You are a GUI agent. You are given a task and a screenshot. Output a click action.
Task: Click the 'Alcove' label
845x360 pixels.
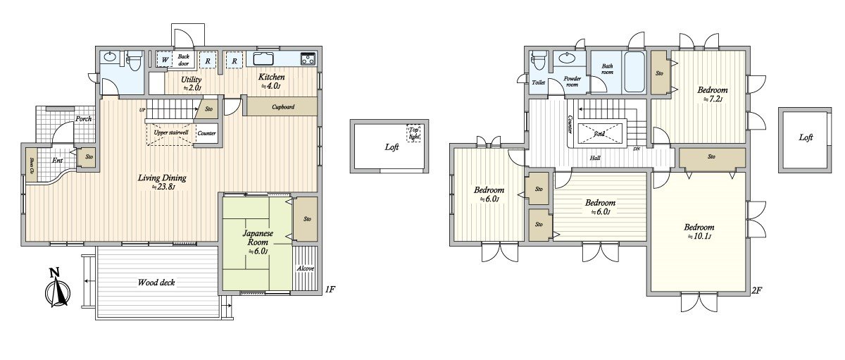[305, 268]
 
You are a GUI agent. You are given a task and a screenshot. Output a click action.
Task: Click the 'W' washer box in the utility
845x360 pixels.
[164, 60]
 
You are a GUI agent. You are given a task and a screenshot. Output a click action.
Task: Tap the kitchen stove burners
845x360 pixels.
[308, 59]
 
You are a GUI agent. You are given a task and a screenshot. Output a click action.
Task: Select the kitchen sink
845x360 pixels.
[265, 59]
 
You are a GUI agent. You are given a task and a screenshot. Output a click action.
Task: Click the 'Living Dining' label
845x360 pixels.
[162, 182]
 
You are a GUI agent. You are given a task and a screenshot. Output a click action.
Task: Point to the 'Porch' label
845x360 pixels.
[84, 119]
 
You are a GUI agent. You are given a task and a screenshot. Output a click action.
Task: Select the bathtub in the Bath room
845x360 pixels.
[634, 72]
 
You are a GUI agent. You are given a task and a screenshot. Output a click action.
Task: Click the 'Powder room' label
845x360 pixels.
[571, 82]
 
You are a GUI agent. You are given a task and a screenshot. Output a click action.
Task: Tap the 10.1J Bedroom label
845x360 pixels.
[699, 231]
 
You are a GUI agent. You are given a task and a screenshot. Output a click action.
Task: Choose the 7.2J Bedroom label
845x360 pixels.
[712, 94]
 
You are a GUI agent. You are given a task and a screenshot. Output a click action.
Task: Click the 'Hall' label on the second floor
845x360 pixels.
[595, 159]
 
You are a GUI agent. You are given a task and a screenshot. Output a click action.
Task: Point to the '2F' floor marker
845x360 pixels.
[758, 290]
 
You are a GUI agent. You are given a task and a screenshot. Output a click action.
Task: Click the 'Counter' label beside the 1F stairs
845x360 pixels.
[206, 133]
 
